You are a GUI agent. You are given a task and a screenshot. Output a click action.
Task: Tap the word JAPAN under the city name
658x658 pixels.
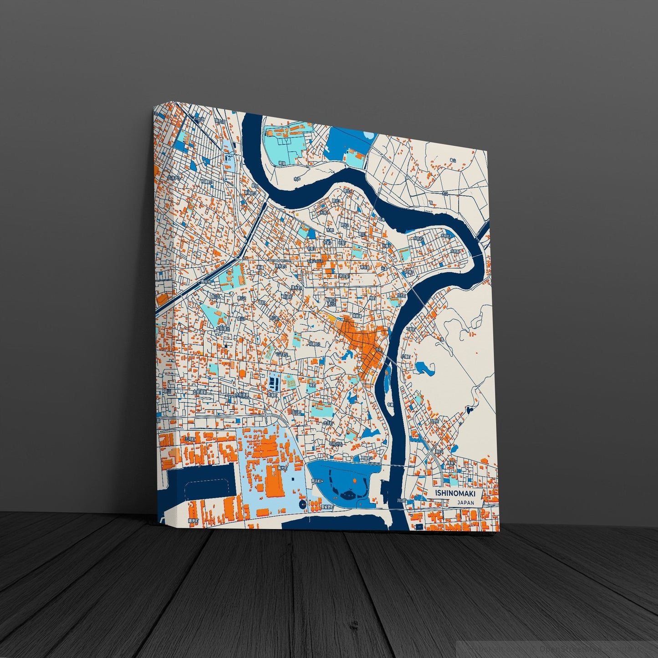pyautogui.click(x=465, y=503)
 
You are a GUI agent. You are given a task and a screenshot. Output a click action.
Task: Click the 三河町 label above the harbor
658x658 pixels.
pyautogui.click(x=190, y=439)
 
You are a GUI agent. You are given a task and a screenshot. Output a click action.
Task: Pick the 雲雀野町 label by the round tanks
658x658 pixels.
pyautogui.click(x=327, y=506)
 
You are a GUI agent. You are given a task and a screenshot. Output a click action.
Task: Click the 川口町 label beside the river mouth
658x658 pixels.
pyautogui.click(x=400, y=500)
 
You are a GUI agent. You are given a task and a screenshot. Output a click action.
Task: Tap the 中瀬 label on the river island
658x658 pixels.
pyautogui.click(x=389, y=404)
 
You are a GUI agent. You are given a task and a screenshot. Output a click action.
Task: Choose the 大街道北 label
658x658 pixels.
pyautogui.click(x=223, y=327)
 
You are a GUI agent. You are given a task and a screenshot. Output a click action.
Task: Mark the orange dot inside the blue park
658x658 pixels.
pyautogui.click(x=354, y=480)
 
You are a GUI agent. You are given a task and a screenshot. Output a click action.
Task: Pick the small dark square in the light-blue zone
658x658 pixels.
pyautogui.click(x=292, y=479)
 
